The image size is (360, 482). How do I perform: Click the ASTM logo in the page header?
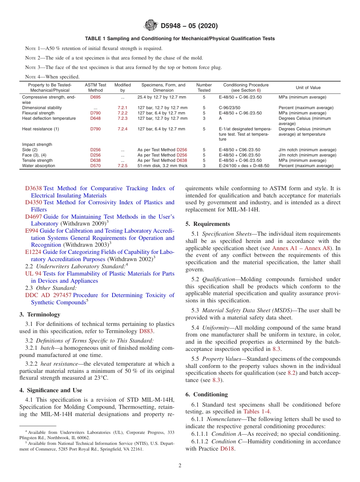151,26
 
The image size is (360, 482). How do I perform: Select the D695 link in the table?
95,97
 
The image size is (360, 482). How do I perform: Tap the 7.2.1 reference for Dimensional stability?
122,108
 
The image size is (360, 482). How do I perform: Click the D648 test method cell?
95,119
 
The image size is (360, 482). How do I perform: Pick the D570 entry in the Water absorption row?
95,166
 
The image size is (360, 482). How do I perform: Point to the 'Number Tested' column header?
204,88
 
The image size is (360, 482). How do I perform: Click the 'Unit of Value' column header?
308,88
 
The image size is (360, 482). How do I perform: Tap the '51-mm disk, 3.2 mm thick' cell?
162,166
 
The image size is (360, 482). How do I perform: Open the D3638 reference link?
33,188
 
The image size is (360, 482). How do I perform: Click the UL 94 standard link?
33,274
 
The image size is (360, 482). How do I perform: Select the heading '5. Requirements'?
208,224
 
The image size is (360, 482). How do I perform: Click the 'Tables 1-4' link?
257,412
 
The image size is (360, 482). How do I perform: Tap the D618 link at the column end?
228,449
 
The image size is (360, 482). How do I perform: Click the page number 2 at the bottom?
180,466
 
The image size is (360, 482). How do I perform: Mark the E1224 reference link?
33,252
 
